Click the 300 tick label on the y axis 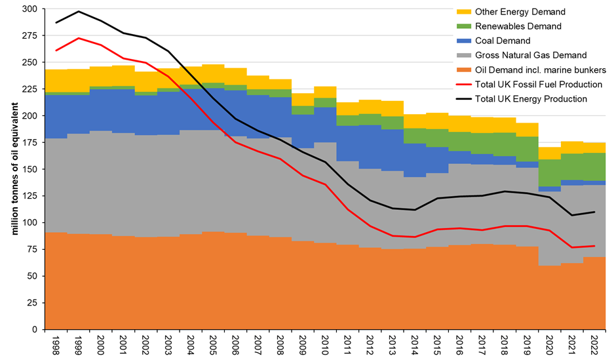pos(30,9)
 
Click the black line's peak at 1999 pos(79,11)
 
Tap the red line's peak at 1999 pos(79,38)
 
